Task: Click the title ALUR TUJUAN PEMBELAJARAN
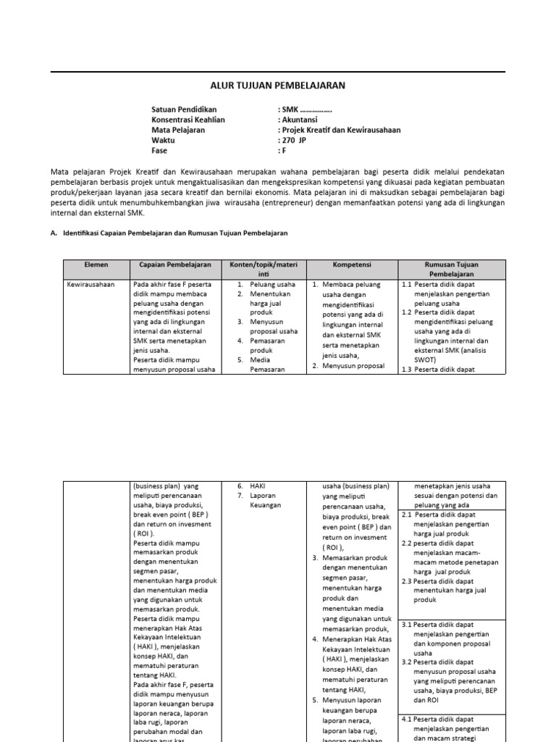pyautogui.click(x=277, y=86)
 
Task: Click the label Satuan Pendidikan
pyautogui.click(x=184, y=109)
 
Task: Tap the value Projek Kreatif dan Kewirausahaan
pyautogui.click(x=339, y=130)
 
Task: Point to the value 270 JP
pyautogui.click(x=293, y=141)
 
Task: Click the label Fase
pyautogui.click(x=159, y=151)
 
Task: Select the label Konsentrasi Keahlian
pyautogui.click(x=188, y=120)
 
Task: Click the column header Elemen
pyautogui.click(x=96, y=265)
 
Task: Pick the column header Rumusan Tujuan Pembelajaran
pyautogui.click(x=452, y=270)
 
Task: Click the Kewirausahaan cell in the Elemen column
pyautogui.click(x=90, y=285)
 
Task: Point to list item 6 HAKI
pyautogui.click(x=257, y=486)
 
